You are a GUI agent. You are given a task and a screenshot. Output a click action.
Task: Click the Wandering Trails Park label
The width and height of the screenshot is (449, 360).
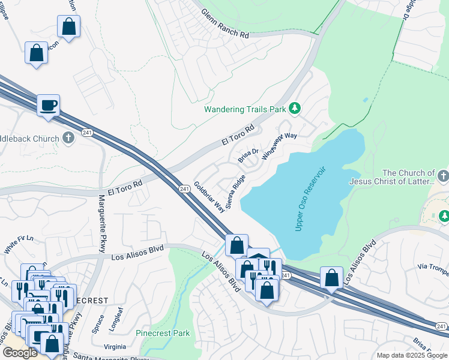pyautogui.click(x=245, y=109)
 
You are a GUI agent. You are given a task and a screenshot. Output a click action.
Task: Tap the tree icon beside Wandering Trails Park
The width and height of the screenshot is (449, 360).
pyautogui.click(x=294, y=108)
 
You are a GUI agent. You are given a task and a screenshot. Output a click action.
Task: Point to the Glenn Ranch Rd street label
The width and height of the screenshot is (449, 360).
pyautogui.click(x=224, y=24)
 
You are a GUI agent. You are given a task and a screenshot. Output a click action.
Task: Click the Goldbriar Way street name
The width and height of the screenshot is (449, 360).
pyautogui.click(x=209, y=197)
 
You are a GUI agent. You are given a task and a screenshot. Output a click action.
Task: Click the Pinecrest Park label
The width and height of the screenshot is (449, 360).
pyautogui.click(x=163, y=333)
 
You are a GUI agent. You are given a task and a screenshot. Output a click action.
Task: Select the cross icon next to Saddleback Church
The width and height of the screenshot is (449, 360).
pyautogui.click(x=68, y=139)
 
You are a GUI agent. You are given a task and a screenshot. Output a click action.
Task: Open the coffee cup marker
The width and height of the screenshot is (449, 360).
pyautogui.click(x=48, y=105)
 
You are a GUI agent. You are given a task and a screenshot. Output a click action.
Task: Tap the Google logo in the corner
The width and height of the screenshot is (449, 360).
pyautogui.click(x=20, y=353)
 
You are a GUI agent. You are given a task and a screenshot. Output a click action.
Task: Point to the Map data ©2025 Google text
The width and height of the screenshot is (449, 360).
pyautogui.click(x=412, y=355)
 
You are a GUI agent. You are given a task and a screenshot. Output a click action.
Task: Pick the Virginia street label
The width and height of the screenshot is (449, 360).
pyautogui.click(x=115, y=346)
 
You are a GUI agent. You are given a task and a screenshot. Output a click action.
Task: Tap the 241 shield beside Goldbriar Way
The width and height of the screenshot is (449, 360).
pyautogui.click(x=184, y=189)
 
